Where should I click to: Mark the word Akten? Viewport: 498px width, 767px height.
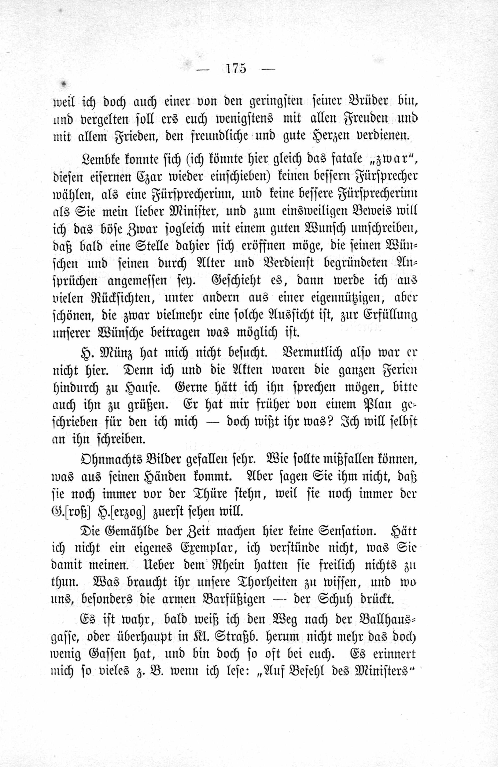pos(247,370)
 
